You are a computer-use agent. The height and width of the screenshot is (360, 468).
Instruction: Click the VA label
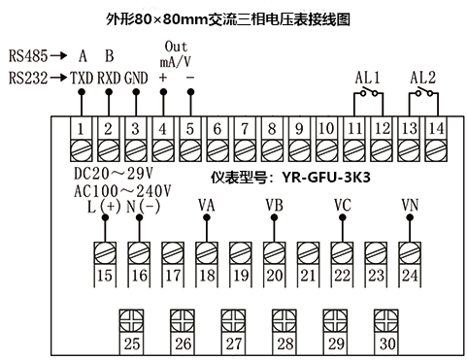point(206,204)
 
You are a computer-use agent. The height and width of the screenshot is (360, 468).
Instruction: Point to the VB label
point(275,204)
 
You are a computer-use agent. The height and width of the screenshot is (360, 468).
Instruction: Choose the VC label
point(342,204)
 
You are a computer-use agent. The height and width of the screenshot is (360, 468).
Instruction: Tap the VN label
point(409,204)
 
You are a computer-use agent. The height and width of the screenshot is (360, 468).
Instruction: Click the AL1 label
point(368,77)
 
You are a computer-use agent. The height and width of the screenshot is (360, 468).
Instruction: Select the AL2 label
point(423,77)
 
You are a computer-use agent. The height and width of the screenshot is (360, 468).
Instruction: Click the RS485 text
point(27,56)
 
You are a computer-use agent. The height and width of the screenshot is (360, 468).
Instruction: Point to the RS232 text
point(27,77)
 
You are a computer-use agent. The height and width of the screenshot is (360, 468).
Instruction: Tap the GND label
point(136,77)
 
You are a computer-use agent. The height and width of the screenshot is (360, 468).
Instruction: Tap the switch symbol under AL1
point(367,93)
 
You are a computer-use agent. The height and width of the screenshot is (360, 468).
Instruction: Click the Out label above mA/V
point(176,47)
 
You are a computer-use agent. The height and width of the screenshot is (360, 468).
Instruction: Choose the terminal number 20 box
point(275,276)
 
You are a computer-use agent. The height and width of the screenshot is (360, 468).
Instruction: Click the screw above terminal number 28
point(284,319)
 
